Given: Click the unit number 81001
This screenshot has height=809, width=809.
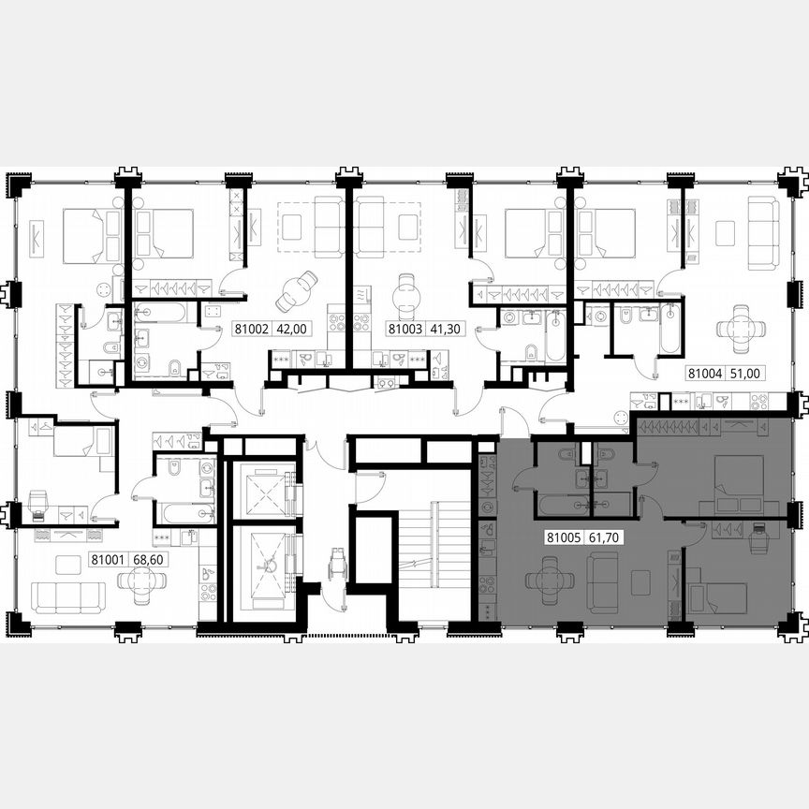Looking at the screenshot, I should click(106, 561).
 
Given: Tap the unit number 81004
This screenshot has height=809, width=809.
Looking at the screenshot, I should click(705, 372).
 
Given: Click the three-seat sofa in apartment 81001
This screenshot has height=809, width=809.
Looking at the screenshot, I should click(68, 596).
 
